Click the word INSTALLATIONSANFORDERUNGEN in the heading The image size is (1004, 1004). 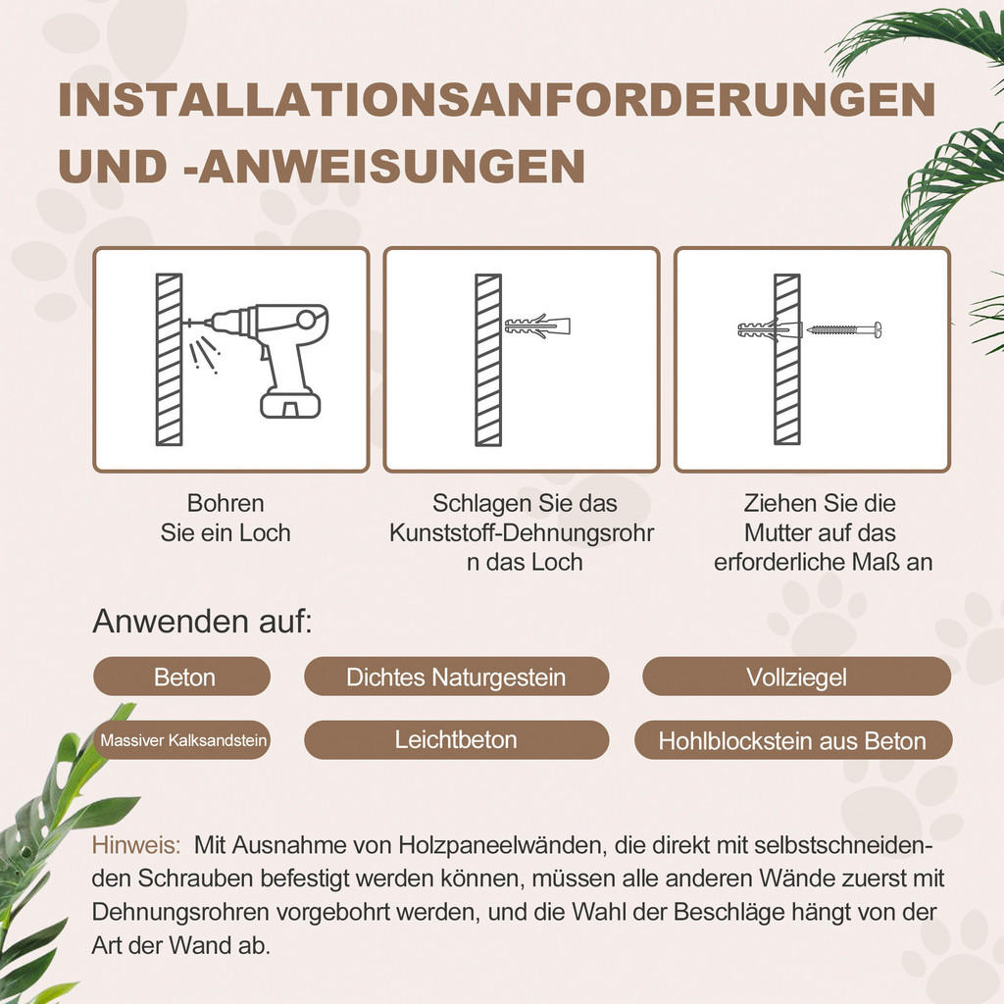click(x=496, y=102)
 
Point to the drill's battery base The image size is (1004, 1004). click(x=290, y=403)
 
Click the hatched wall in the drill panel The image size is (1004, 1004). click(x=169, y=359)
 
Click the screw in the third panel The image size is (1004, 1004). click(x=844, y=328)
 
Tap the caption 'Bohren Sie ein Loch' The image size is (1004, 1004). click(x=226, y=518)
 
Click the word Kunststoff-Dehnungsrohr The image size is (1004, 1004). click(x=521, y=533)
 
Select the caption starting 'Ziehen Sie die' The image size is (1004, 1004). click(x=820, y=533)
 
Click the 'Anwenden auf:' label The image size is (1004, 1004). click(x=202, y=621)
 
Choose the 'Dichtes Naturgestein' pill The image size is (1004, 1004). click(x=456, y=677)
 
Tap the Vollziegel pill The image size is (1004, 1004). click(x=796, y=677)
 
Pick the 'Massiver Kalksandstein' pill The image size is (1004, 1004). click(x=182, y=740)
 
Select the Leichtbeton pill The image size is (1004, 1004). click(x=456, y=739)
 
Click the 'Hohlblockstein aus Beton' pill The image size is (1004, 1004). click(x=792, y=741)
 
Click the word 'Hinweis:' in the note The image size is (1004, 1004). click(x=136, y=845)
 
